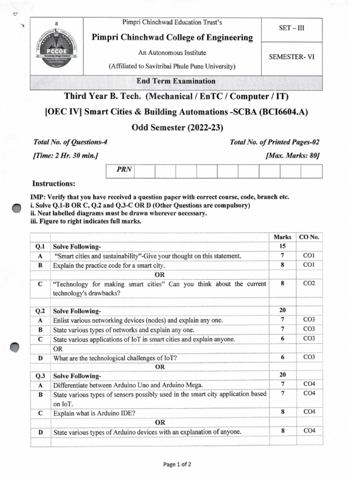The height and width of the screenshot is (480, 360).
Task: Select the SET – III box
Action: pos(292,28)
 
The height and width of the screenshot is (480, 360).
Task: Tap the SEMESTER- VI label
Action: pos(292,57)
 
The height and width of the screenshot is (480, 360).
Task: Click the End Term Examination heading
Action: pos(176,81)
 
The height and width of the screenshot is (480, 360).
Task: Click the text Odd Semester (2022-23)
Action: pos(176,127)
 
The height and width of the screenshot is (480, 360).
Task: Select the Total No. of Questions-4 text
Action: pos(73,142)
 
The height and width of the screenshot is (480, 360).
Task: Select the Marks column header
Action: pos(282,237)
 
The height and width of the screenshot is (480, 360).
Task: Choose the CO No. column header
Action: pos(309,237)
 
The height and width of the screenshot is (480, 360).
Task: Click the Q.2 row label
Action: pos(40,311)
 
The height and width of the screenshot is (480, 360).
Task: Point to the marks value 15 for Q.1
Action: pos(282,247)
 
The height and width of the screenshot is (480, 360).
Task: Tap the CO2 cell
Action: pos(309,284)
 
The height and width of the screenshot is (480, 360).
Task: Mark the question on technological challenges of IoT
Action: pos(115,358)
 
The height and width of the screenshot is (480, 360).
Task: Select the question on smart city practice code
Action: pos(109,265)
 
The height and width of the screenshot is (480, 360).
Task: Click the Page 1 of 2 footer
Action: pos(177,465)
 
